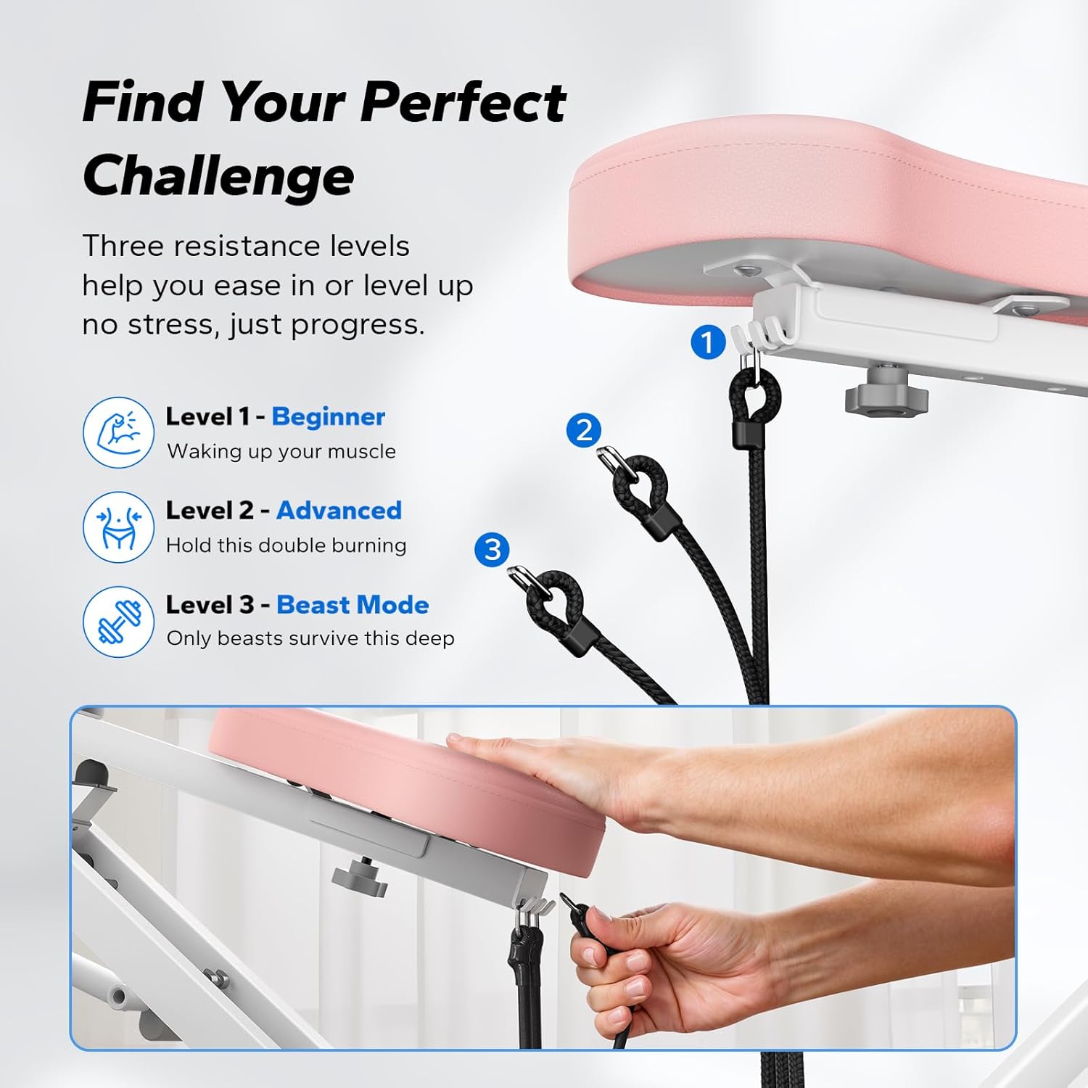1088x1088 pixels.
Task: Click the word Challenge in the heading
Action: pyautogui.click(x=218, y=176)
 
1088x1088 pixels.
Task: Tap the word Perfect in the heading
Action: pyautogui.click(x=463, y=102)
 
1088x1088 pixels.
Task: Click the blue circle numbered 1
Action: pyautogui.click(x=708, y=342)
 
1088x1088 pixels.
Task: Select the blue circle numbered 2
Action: pyautogui.click(x=584, y=430)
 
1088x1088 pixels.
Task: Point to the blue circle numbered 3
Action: pyautogui.click(x=493, y=549)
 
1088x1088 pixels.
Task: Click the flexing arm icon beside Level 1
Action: pyautogui.click(x=118, y=432)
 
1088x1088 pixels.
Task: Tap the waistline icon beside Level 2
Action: pyautogui.click(x=118, y=527)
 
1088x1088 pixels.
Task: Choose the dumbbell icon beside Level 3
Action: pyautogui.click(x=118, y=622)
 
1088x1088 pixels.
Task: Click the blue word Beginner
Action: pyautogui.click(x=328, y=416)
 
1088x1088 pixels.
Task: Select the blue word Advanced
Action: pyautogui.click(x=339, y=511)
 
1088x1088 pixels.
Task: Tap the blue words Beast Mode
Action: pyautogui.click(x=353, y=605)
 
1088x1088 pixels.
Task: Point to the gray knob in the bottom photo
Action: pyautogui.click(x=360, y=875)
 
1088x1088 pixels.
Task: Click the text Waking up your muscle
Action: pyautogui.click(x=281, y=451)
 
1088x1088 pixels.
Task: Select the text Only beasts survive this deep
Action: pyautogui.click(x=310, y=638)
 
